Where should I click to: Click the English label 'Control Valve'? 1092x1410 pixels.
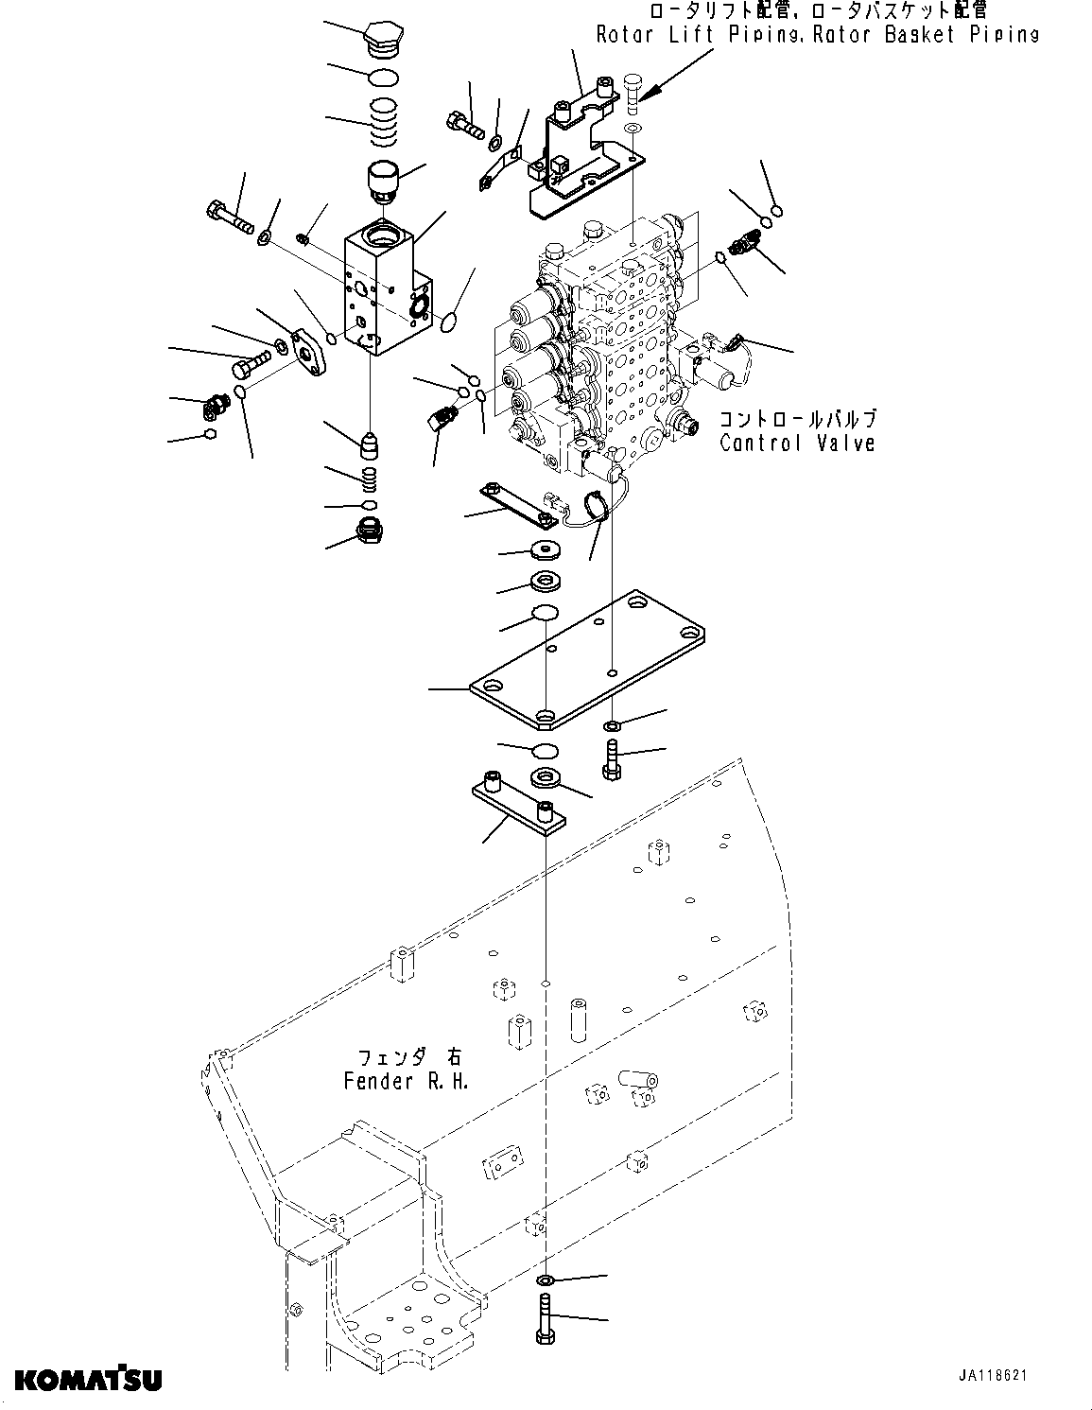coord(797,443)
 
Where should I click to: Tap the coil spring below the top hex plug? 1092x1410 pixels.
coord(383,123)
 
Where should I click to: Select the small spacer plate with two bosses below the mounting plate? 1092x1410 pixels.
coord(518,803)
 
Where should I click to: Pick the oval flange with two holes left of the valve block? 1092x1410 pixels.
coord(309,354)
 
